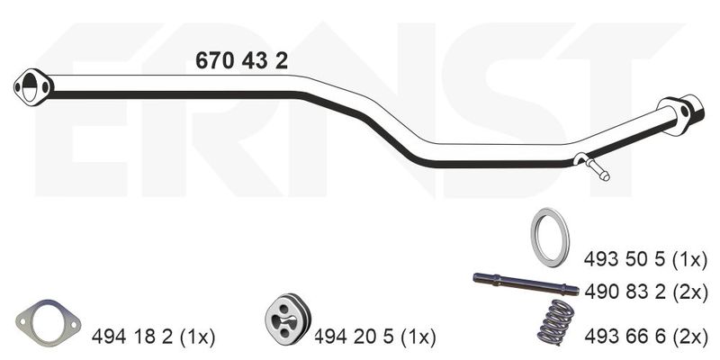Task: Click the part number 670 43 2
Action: [x=241, y=60]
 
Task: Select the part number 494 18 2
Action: [x=132, y=337]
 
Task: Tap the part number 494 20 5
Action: [x=354, y=337]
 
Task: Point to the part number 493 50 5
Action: [x=625, y=260]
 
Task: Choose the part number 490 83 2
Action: [x=625, y=292]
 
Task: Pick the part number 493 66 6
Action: [x=625, y=337]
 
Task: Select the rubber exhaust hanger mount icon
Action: [x=288, y=318]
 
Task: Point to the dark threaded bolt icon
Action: [x=526, y=283]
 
